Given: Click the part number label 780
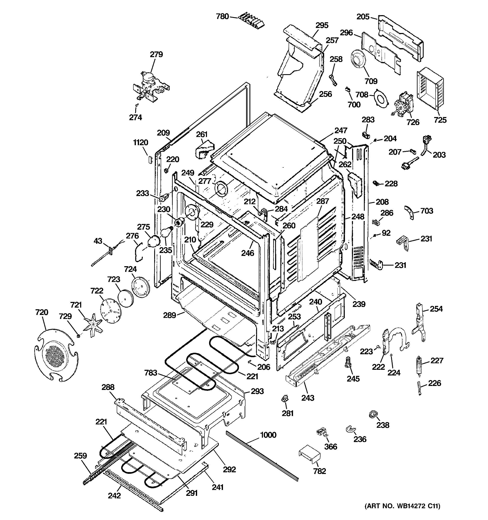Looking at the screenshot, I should [x=222, y=17].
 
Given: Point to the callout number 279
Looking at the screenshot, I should [x=156, y=54].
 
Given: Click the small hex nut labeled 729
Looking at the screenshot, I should [x=78, y=336].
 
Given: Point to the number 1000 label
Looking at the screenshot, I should [x=268, y=435].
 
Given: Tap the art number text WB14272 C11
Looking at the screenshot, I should [x=403, y=513].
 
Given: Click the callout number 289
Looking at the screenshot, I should [x=170, y=315].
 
